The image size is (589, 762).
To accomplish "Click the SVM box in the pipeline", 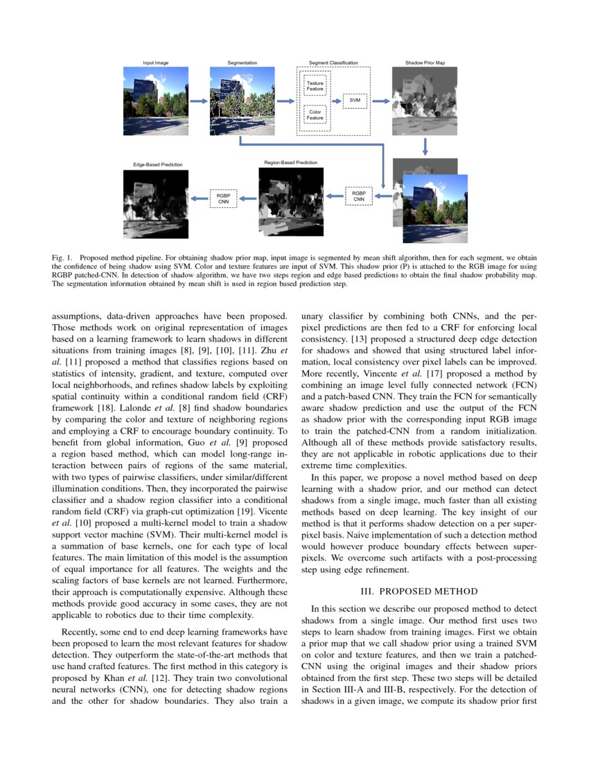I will click(x=354, y=100).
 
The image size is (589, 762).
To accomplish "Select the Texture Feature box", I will click(x=315, y=86).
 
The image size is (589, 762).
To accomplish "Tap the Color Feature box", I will click(x=315, y=114).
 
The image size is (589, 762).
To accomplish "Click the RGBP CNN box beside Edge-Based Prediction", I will click(x=223, y=199).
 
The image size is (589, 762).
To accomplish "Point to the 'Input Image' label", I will click(x=155, y=63).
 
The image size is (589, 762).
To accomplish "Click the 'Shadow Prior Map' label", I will click(x=425, y=63).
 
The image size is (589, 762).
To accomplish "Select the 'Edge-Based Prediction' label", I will click(x=158, y=165).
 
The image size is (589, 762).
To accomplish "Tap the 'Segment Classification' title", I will click(x=333, y=63).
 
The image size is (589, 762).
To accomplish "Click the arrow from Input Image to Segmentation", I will click(x=198, y=101).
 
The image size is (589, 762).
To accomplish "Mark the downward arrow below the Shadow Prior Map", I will click(x=425, y=146).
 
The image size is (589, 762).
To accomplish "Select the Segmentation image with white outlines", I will click(x=242, y=100).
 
